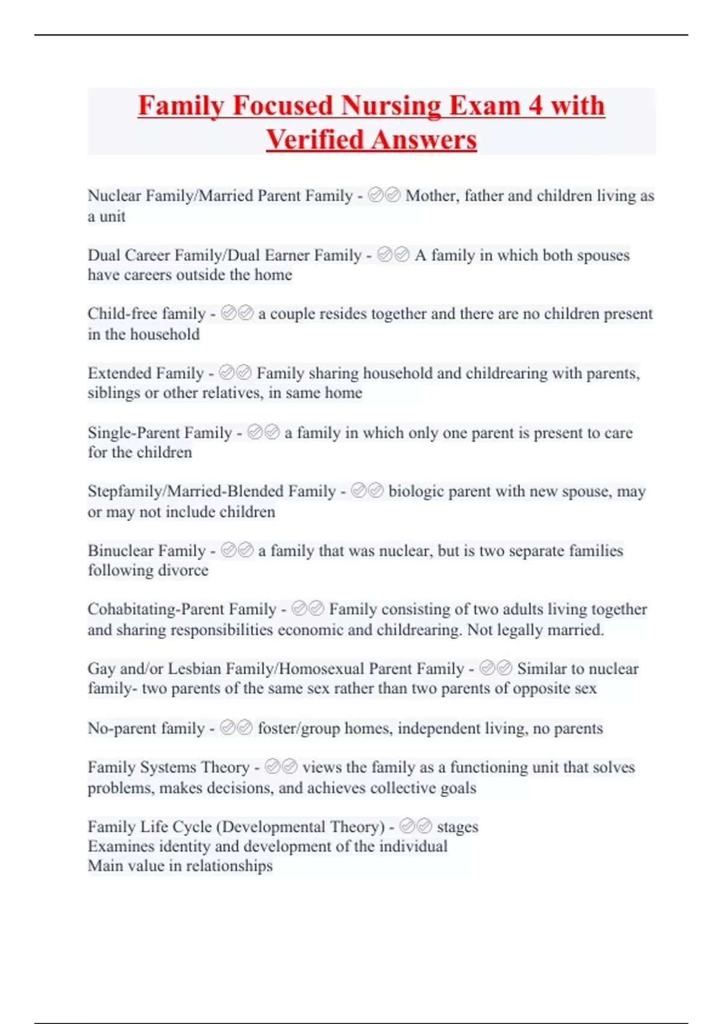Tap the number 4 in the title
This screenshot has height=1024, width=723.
[536, 106]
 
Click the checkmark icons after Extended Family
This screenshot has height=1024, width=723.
[235, 373]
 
